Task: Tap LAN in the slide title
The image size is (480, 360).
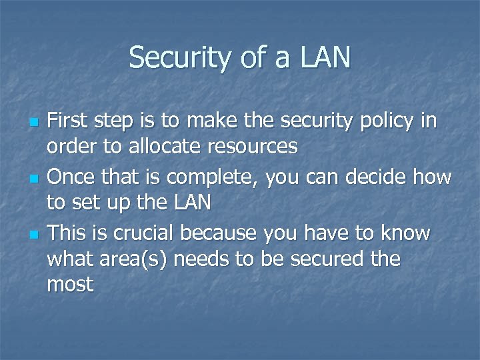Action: tap(325, 58)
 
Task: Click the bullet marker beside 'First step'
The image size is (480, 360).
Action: tap(33, 123)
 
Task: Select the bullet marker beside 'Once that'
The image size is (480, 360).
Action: tap(33, 179)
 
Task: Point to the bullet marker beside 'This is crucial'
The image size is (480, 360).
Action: tap(33, 235)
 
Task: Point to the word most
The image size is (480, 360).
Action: tap(70, 285)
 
